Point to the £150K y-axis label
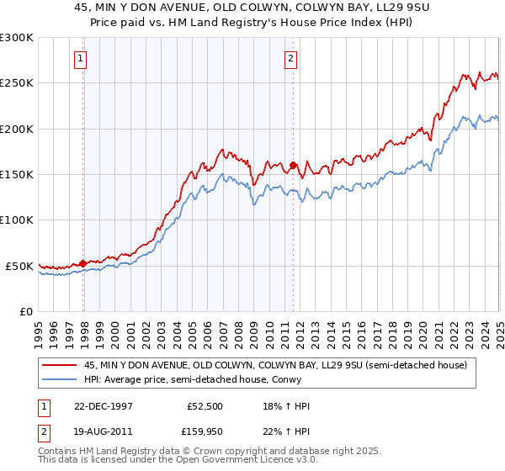(x=17, y=174)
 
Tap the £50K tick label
(x=20, y=266)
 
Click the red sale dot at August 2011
(x=293, y=166)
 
